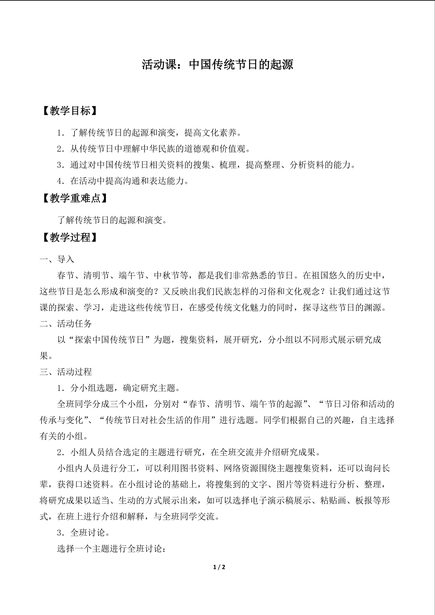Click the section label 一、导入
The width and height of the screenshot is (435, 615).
pyautogui.click(x=57, y=259)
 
